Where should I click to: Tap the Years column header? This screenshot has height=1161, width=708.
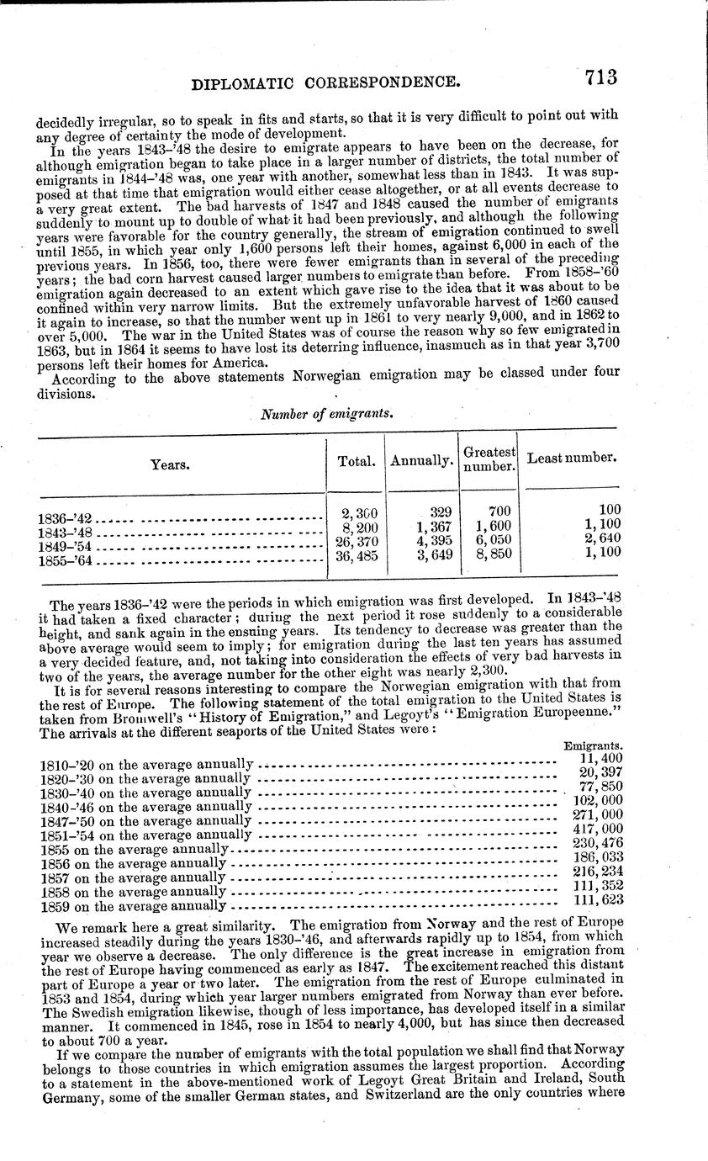(170, 464)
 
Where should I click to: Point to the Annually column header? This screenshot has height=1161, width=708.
(422, 461)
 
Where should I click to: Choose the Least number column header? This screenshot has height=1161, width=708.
(572, 459)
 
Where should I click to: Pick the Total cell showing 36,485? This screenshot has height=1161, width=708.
(357, 555)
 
